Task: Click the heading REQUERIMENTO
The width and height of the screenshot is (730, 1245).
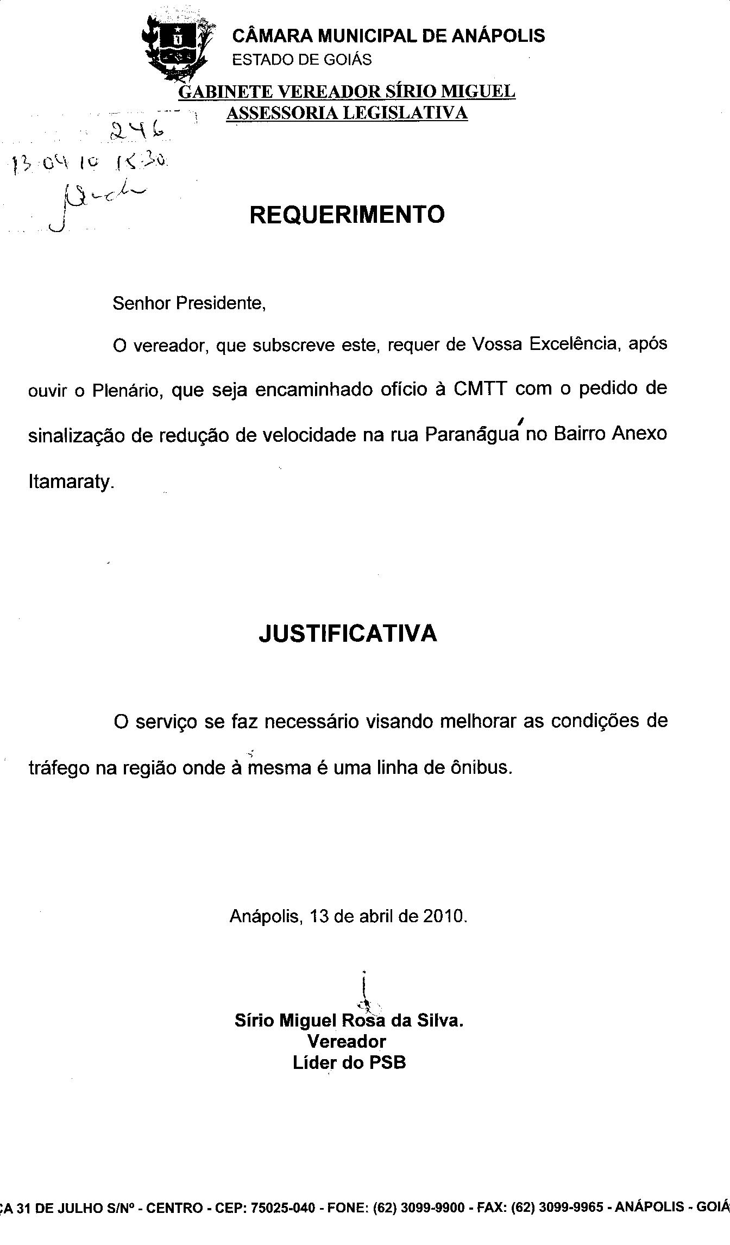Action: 347,215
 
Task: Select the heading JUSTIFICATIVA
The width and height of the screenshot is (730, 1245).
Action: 348,634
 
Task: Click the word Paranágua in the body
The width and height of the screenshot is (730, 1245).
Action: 471,435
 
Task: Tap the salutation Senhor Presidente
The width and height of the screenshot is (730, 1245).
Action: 189,303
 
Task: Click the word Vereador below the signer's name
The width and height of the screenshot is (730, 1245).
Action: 347,1041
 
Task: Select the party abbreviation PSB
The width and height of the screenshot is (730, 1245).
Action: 387,1062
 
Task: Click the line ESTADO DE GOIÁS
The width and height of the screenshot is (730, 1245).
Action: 302,60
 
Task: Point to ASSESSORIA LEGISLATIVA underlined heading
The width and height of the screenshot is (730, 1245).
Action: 347,113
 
